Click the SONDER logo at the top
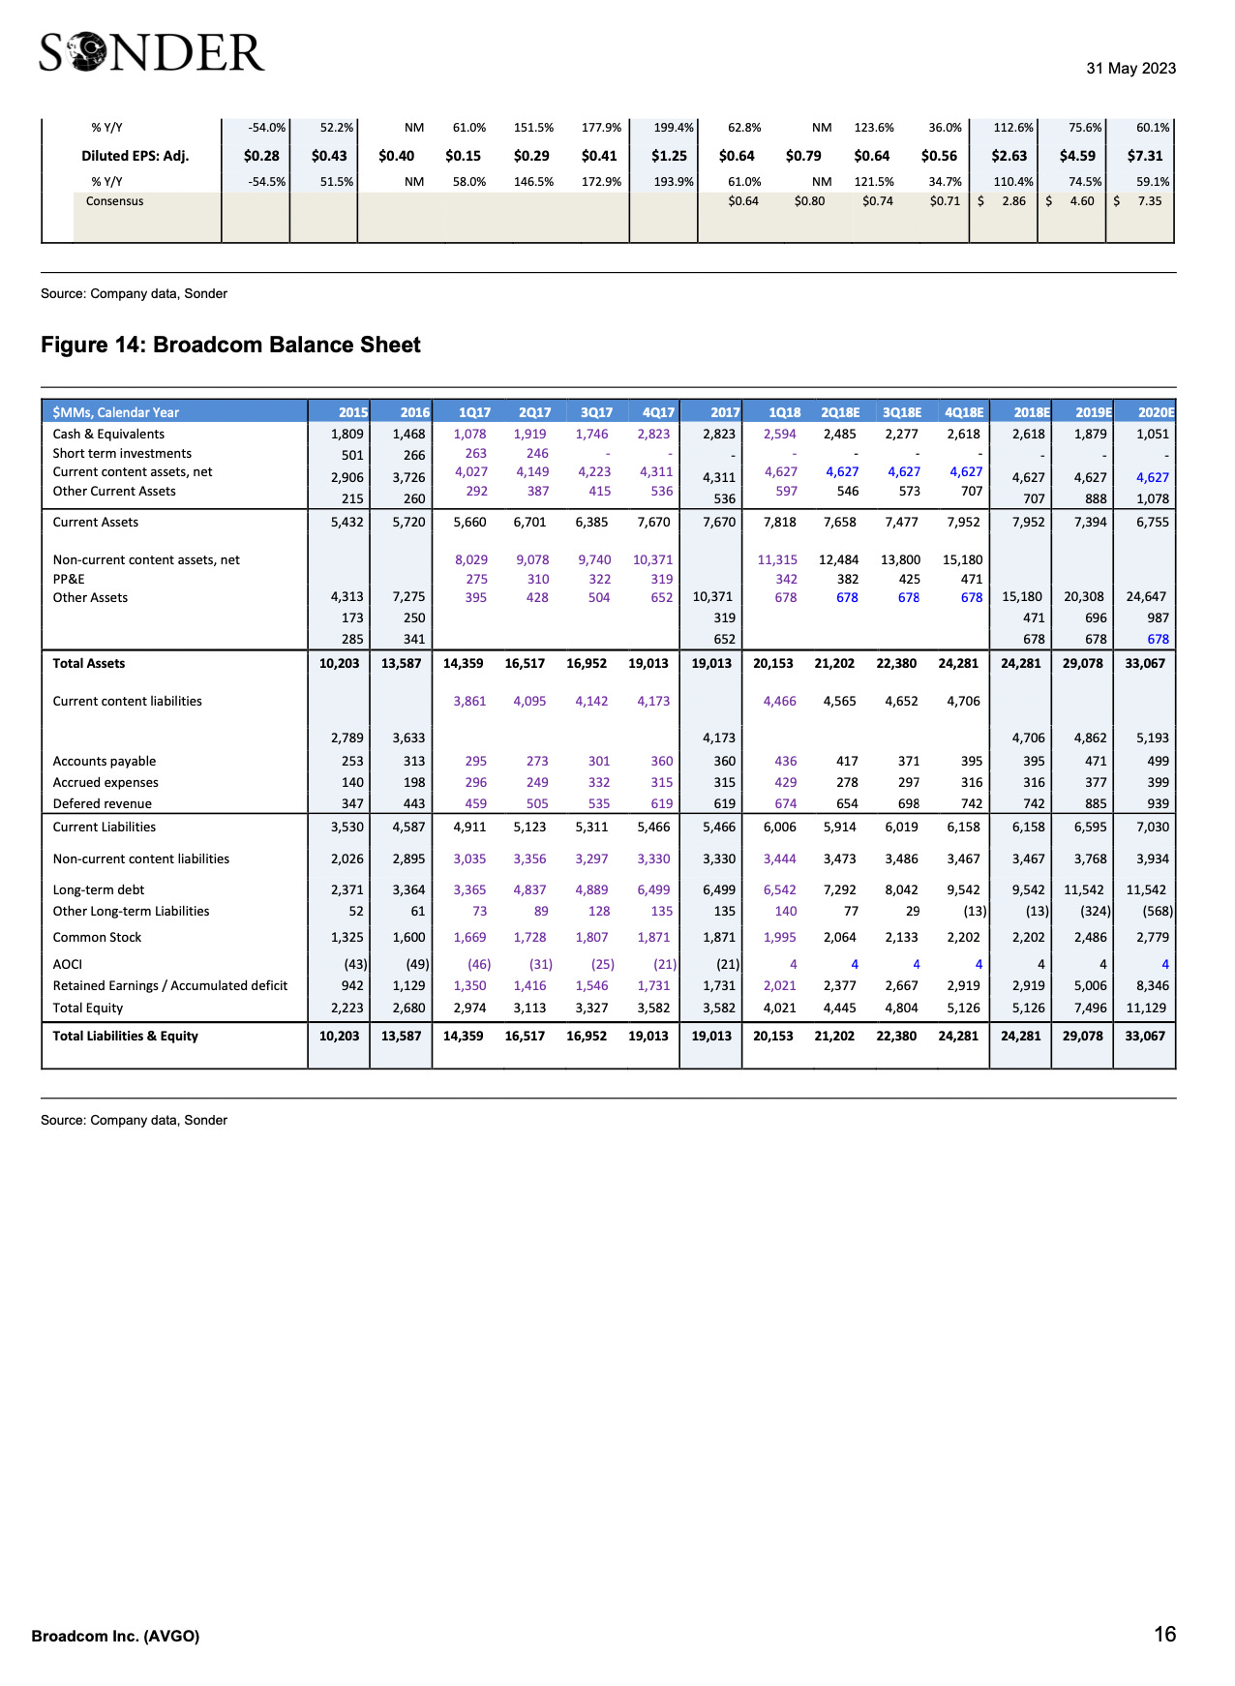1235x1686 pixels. (152, 53)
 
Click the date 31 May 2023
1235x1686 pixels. (1130, 69)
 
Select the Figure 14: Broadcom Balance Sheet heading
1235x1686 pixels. (230, 346)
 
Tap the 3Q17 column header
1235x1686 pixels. (596, 412)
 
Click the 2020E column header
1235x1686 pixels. (1156, 412)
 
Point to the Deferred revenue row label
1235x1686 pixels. (103, 804)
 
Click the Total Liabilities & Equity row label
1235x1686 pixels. (126, 1037)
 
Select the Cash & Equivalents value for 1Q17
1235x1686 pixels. (469, 435)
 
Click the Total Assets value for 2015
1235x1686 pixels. (339, 664)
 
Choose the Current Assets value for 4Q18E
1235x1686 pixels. (963, 523)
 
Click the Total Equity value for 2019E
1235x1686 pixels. (1089, 1009)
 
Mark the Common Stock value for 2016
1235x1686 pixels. (408, 938)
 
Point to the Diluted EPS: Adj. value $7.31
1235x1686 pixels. (1145, 156)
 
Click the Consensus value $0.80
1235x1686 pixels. (809, 201)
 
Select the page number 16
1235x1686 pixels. (1164, 1635)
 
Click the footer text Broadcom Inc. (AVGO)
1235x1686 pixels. (115, 1637)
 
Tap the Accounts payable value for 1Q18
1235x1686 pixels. (785, 762)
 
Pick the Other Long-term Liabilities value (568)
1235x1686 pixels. (1158, 912)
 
